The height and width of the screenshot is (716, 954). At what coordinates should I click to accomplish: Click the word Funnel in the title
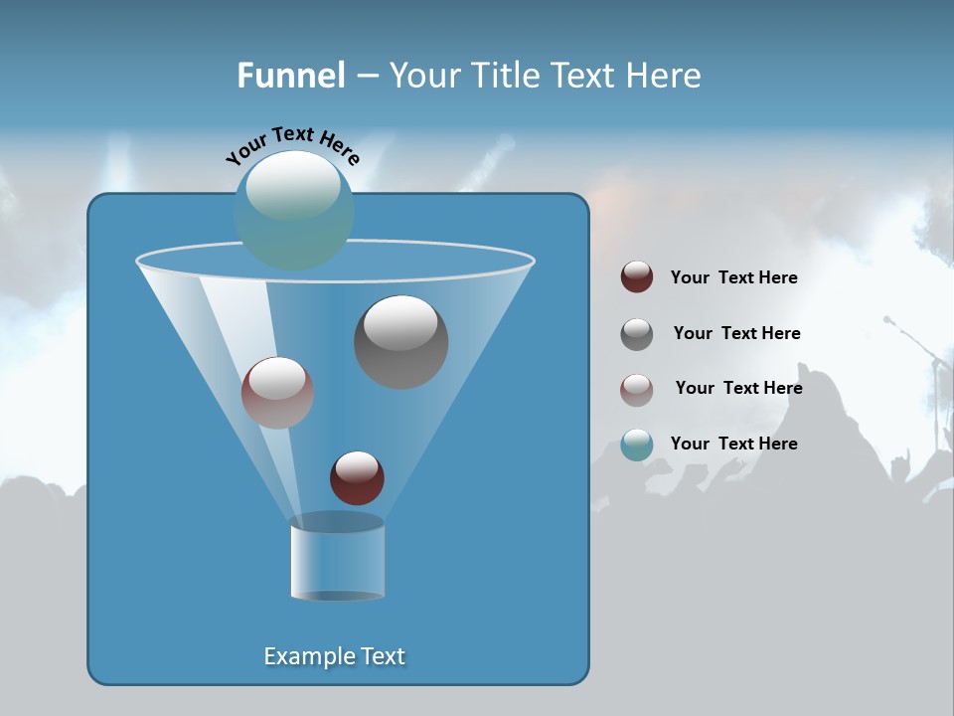(x=290, y=76)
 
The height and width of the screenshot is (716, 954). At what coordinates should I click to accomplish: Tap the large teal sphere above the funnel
(x=294, y=210)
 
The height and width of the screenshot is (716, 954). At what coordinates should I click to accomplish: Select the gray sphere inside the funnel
(x=400, y=341)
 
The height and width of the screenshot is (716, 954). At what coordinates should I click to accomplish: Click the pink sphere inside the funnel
(x=277, y=392)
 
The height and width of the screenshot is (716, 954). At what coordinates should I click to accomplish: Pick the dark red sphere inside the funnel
(x=357, y=477)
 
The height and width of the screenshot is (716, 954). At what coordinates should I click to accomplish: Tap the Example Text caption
(x=334, y=656)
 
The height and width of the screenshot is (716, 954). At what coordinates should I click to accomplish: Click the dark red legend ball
(x=637, y=277)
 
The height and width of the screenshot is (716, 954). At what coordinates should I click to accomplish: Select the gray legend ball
(x=637, y=333)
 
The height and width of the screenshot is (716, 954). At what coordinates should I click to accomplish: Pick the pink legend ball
(x=637, y=389)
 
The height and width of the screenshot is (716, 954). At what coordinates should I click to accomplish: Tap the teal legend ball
(x=637, y=444)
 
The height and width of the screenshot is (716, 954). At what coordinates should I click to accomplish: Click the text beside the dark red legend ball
(x=733, y=277)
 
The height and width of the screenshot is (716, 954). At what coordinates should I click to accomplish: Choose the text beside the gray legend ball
(x=736, y=333)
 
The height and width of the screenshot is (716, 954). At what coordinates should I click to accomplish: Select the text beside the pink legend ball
(x=738, y=388)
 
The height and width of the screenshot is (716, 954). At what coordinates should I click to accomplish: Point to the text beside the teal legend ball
(x=733, y=444)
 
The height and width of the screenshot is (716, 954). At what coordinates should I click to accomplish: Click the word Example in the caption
(x=304, y=656)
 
